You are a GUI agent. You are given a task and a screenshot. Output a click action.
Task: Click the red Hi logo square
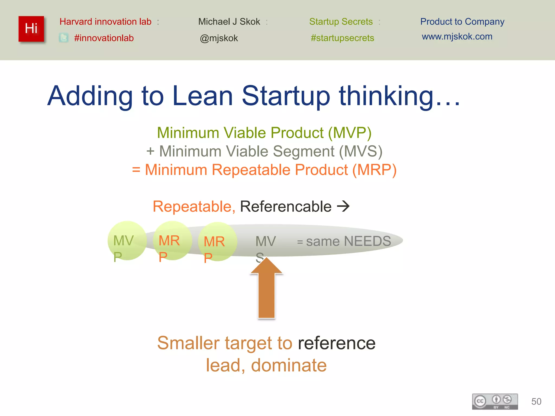point(31,29)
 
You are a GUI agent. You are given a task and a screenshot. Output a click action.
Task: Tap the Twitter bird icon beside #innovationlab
point(64,38)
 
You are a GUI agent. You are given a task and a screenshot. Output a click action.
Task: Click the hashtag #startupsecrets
point(342,38)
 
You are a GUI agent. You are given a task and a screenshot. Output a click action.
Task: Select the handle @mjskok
point(219,38)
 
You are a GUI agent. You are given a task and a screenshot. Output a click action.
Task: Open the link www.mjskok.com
point(457,37)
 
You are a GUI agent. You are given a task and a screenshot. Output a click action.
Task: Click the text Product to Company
point(462,22)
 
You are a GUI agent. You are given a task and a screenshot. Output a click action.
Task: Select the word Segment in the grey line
point(304,151)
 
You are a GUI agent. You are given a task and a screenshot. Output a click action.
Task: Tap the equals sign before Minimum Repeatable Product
point(136,170)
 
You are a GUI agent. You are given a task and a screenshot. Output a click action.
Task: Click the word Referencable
point(286,207)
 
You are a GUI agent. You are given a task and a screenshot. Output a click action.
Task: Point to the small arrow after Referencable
point(343,206)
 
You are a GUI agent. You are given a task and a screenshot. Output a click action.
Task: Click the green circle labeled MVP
point(127,240)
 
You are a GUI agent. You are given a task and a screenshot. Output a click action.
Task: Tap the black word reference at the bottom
point(337,343)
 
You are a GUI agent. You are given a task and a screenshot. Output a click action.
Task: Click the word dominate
point(289,365)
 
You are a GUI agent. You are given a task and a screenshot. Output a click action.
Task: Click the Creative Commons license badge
point(495,401)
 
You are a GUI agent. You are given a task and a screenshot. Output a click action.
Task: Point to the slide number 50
point(536,401)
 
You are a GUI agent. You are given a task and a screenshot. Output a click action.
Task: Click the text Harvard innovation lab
point(105,22)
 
